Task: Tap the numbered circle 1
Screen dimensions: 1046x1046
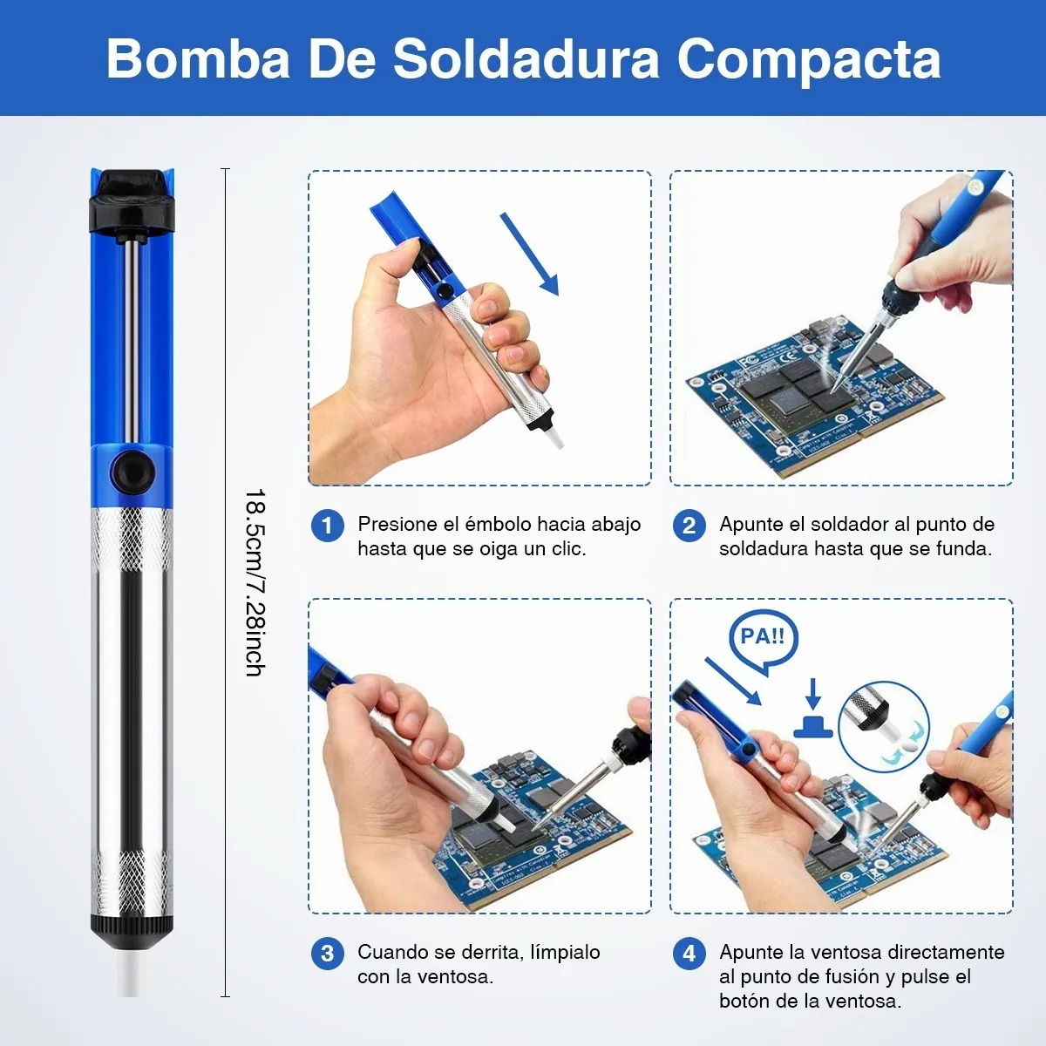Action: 328,526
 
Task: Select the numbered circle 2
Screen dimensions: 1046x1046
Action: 689,526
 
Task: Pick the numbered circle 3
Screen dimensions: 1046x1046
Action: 328,954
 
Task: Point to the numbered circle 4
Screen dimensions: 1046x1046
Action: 689,954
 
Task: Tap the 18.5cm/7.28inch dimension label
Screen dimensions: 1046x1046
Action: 254,582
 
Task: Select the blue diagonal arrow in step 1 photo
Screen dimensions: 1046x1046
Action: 529,254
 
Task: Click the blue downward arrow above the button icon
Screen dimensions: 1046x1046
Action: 812,693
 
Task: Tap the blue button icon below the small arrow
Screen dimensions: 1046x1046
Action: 812,727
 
